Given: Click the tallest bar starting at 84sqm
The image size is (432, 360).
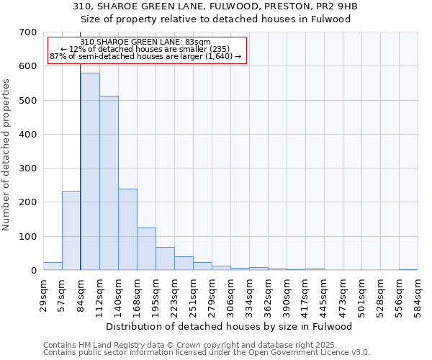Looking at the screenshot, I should click(90, 171).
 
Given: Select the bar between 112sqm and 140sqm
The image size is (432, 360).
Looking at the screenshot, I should click(109, 183).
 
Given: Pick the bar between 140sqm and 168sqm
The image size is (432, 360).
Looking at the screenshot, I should click(127, 229).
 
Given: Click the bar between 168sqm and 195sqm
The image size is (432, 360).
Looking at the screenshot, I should click(146, 248).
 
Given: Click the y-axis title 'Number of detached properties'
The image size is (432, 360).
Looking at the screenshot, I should click(7, 155).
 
